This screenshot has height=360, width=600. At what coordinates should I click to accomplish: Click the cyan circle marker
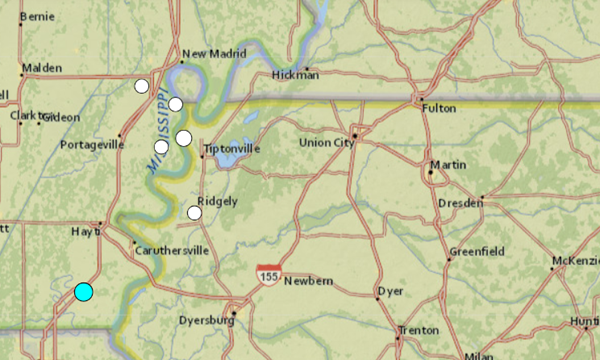pyautogui.click(x=83, y=292)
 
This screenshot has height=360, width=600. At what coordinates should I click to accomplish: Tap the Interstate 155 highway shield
pyautogui.click(x=266, y=274)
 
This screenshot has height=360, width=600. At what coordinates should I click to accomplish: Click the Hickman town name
pyautogui.click(x=296, y=74)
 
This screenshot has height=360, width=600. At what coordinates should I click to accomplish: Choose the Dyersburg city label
pyautogui.click(x=205, y=320)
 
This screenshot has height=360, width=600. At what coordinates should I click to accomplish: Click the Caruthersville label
pyautogui.click(x=171, y=250)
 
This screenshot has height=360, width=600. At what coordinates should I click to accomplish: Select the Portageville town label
pyautogui.click(x=91, y=144)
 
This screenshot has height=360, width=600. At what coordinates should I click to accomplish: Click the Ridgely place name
pyautogui.click(x=217, y=200)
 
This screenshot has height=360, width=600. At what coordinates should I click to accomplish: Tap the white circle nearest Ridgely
pyautogui.click(x=194, y=212)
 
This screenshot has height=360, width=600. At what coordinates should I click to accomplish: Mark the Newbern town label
pyautogui.click(x=307, y=281)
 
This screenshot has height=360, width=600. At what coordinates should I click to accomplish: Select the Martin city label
pyautogui.click(x=446, y=164)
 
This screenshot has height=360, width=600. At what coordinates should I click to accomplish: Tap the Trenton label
pyautogui.click(x=417, y=330)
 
